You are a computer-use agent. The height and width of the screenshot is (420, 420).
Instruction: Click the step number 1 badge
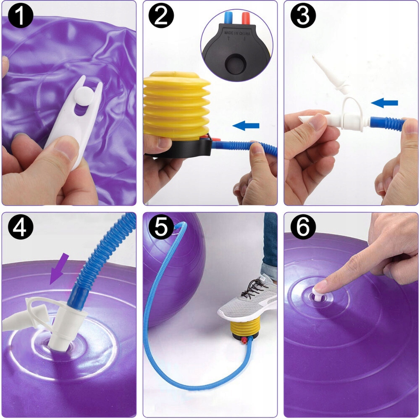point(20,16)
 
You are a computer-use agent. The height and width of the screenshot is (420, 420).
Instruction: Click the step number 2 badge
point(161,16)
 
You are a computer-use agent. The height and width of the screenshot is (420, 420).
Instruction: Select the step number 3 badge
point(303,16)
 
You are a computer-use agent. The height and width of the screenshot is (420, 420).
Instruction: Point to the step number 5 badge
point(161,227)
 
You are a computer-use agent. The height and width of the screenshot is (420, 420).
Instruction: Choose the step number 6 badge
point(303,227)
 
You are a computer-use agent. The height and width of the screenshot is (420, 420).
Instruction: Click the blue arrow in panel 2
point(246,125)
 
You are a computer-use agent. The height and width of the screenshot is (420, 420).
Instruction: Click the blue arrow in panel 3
point(384,102)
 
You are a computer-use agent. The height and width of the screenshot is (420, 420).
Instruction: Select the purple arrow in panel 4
point(59,269)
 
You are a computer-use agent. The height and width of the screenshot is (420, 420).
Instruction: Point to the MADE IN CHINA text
point(237,33)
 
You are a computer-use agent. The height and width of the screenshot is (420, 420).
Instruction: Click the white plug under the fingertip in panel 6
point(319,295)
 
